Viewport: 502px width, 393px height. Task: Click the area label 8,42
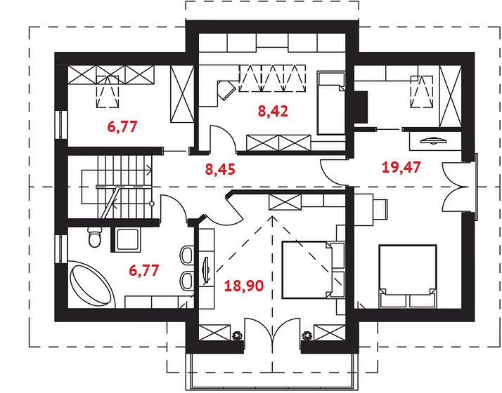(273, 111)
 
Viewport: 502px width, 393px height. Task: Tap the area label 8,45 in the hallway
(220, 169)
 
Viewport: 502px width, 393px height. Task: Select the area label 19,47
(401, 167)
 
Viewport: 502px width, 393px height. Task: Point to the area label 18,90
(244, 286)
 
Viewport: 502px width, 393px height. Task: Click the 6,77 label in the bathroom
(143, 270)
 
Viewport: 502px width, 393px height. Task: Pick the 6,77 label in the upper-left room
(122, 126)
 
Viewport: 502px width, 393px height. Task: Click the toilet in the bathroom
(94, 237)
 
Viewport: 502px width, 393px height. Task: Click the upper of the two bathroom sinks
(187, 255)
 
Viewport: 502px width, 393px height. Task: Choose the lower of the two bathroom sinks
(187, 281)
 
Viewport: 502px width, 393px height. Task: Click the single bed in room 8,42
(331, 103)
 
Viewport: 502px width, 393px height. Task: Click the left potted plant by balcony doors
(237, 335)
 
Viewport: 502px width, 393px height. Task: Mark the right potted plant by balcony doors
(307, 335)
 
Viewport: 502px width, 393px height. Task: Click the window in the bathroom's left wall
(60, 249)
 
